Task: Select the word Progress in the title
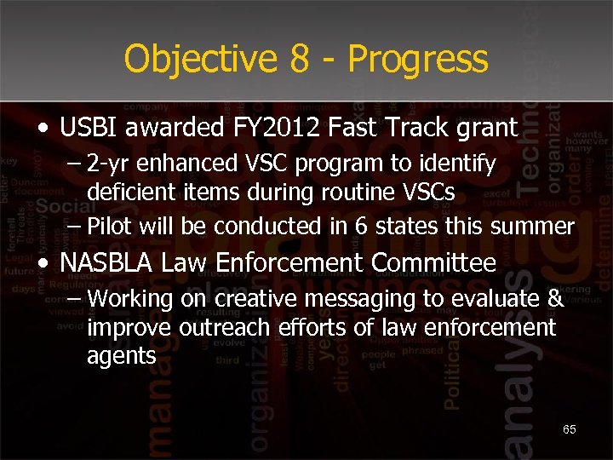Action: point(418,60)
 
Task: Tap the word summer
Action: point(538,226)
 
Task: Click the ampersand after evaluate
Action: point(554,299)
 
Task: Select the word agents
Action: point(122,357)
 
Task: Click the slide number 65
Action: point(570,430)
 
